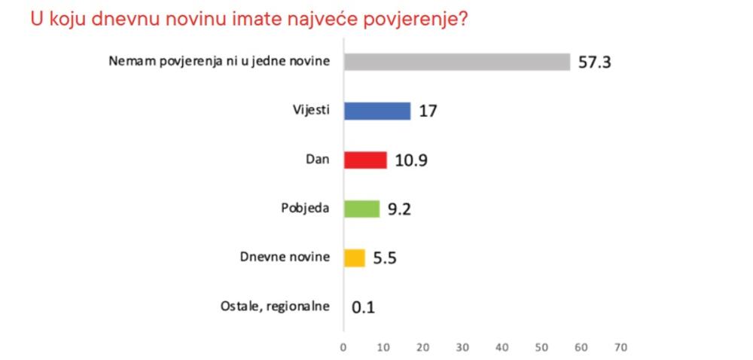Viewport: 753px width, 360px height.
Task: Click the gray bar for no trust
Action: (456, 62)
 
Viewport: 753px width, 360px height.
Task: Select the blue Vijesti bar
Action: (376, 111)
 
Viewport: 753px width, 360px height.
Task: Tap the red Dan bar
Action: (364, 160)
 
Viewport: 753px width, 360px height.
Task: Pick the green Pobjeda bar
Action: (361, 209)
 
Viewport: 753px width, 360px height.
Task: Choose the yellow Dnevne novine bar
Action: (354, 258)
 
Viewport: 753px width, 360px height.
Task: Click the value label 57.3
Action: (594, 62)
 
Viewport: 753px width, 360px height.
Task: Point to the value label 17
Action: (428, 111)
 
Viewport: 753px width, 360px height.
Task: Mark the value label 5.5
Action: (385, 258)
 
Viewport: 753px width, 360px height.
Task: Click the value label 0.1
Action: (363, 307)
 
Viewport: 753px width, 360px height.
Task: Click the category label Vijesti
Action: (311, 111)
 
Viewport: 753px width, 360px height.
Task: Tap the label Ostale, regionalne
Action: (275, 307)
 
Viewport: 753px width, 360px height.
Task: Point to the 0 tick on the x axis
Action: (343, 347)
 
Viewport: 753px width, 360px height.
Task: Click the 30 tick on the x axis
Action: (462, 347)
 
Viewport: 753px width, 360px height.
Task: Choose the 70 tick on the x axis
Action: (620, 347)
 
